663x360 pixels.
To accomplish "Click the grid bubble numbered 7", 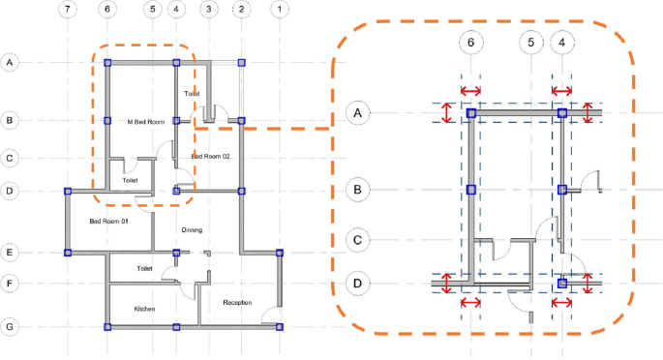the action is coord(66,10).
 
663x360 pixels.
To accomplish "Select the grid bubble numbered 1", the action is coord(279,10).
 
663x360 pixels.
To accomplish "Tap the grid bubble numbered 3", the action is coord(208,10).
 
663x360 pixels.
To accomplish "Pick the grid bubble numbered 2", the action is coord(242,10).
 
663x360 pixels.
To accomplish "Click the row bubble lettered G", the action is coord(10,327).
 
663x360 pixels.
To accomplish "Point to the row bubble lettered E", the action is coord(10,253).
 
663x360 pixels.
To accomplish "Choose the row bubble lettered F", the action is coord(10,284).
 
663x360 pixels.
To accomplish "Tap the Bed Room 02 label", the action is coord(210,156).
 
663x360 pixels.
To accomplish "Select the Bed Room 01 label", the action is coord(108,222).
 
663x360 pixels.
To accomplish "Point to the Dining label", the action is coord(192,229).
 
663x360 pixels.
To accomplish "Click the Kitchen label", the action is coord(144,309).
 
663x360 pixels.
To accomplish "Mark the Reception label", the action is coord(237,303).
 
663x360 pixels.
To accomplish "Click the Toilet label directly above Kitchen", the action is coord(144,268).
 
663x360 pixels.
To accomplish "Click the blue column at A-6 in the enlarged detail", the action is coord(471,113).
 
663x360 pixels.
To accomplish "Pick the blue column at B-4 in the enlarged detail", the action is coord(562,190).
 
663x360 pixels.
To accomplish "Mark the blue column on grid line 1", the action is coord(280,253).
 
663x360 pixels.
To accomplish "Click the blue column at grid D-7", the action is coord(67,192).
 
